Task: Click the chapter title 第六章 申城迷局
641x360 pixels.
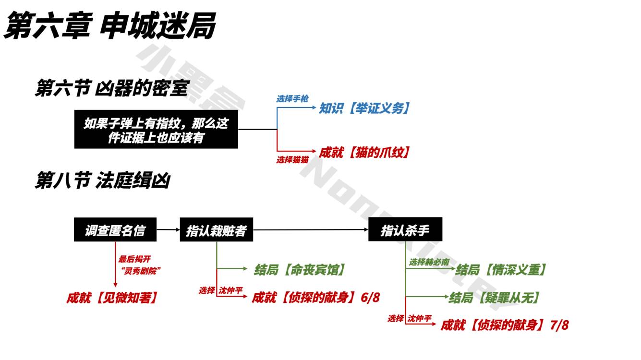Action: coord(110,25)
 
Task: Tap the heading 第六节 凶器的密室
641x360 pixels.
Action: coord(111,88)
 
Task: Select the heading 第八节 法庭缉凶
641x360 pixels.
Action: coord(102,181)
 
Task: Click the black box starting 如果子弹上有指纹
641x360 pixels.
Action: coord(156,130)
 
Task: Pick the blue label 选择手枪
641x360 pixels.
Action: coord(292,99)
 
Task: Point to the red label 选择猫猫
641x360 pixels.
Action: coord(292,160)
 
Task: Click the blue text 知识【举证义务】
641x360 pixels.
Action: coord(365,108)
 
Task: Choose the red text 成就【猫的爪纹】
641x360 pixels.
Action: coord(365,153)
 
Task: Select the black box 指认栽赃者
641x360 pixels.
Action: coord(216,231)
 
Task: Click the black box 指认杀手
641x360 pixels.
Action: coord(405,230)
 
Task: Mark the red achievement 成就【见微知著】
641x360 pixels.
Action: coord(112,298)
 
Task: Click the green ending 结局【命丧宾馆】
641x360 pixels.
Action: coord(300,270)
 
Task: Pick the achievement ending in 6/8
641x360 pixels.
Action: coord(316,298)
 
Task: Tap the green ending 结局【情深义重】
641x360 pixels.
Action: coord(501,270)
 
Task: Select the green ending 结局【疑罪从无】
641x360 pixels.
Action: coord(495,298)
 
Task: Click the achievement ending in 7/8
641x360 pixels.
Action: coord(505,325)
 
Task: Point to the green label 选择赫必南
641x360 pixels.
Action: coord(429,263)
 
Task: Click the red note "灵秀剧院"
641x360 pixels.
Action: coord(141,271)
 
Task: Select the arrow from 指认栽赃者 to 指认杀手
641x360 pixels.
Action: coord(310,230)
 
